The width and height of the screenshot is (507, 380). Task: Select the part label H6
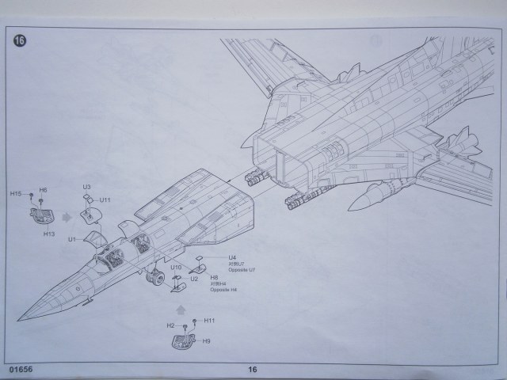pyautogui.click(x=43, y=190)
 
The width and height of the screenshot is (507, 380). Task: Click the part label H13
pyautogui.click(x=48, y=234)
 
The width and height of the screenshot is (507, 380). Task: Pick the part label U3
pyautogui.click(x=86, y=188)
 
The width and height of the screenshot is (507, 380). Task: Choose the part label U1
pyautogui.click(x=72, y=238)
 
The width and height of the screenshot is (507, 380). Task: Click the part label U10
pyautogui.click(x=176, y=268)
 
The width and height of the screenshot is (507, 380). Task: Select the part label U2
pyautogui.click(x=194, y=279)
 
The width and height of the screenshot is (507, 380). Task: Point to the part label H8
pyautogui.click(x=215, y=278)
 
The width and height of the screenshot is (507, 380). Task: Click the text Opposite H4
pyautogui.click(x=224, y=291)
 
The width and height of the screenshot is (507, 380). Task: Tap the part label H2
pyautogui.click(x=170, y=326)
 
